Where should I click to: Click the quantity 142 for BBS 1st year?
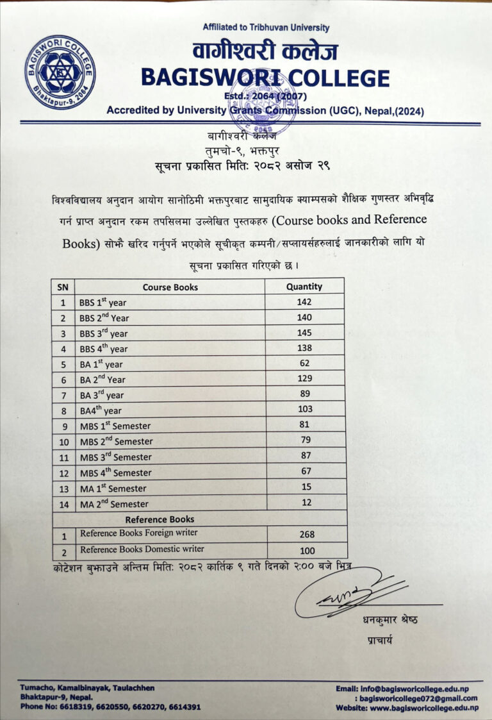pos(304,302)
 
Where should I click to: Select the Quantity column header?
pos(304,287)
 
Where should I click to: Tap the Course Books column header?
pos(170,287)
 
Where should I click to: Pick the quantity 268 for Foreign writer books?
pos(307,534)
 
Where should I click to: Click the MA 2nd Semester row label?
pos(114,504)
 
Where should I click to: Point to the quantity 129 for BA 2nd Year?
pos(304,379)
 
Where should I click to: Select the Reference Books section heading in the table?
pos(160,519)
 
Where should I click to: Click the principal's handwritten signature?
pos(349,593)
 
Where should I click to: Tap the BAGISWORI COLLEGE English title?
pos(265,78)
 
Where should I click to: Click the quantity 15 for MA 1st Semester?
pos(306,487)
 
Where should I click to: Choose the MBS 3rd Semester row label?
pos(116,457)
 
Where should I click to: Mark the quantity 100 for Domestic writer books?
pos(307,551)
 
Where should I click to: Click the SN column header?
pos(63,287)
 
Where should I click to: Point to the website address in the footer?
pos(407,708)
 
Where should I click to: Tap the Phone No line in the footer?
pos(110,707)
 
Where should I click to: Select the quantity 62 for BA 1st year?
pos(304,364)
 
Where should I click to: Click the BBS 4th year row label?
pos(104,349)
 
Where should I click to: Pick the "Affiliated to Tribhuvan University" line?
pos(266,28)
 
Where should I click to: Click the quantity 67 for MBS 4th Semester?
pos(306,472)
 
